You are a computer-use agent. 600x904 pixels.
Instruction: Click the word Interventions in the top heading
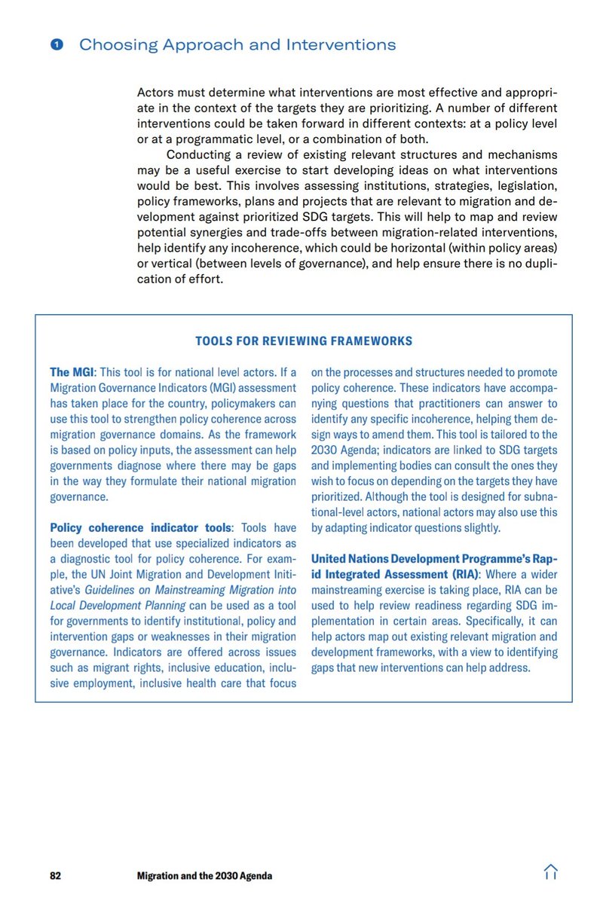(341, 44)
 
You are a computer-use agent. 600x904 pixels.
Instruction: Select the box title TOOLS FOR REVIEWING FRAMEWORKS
(304, 341)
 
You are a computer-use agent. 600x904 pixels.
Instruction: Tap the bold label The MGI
(72, 372)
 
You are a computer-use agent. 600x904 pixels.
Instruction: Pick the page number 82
(55, 875)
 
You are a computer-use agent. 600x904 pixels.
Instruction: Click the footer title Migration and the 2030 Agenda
(204, 875)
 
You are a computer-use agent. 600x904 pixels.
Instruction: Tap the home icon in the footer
(550, 872)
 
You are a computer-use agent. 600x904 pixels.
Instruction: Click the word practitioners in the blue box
(454, 404)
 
